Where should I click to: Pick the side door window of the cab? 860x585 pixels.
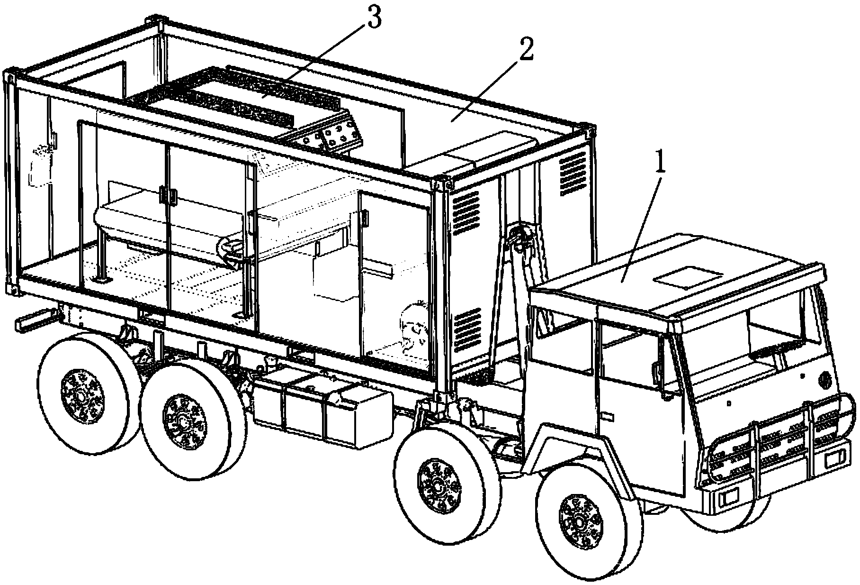pos(630,351)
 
